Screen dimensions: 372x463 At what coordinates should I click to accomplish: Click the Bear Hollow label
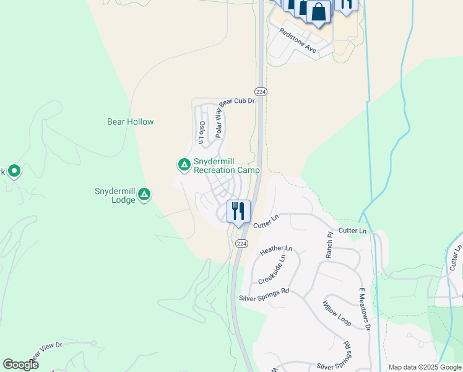(130, 122)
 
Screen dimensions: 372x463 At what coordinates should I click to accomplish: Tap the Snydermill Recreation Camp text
(227, 166)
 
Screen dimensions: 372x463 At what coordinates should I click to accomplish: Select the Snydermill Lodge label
(115, 195)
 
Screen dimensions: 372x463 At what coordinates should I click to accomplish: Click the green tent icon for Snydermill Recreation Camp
(184, 164)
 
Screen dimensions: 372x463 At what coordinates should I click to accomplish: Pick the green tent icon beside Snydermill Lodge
(144, 195)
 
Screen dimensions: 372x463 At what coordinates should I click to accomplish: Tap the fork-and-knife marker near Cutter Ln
(238, 211)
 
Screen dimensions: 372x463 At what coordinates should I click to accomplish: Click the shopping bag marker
(318, 12)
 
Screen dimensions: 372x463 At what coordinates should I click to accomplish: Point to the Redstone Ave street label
(298, 40)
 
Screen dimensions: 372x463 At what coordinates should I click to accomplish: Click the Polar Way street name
(219, 122)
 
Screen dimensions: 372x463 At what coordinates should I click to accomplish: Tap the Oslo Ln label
(202, 132)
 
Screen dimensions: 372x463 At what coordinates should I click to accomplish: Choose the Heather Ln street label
(276, 250)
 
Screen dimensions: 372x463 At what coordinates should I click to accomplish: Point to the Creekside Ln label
(272, 270)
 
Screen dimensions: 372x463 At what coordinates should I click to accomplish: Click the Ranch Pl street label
(329, 244)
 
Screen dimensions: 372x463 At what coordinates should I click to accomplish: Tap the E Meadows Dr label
(364, 309)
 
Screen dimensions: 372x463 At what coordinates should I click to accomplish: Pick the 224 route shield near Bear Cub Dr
(261, 91)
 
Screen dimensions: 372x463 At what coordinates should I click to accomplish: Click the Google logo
(20, 365)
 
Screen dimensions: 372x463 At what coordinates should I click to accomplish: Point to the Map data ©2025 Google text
(425, 367)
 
